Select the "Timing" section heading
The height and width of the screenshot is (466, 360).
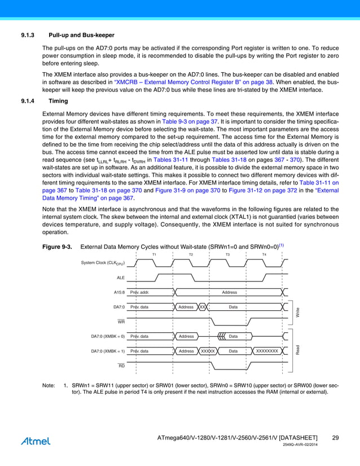click(59, 102)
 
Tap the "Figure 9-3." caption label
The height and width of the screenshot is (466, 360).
click(57, 247)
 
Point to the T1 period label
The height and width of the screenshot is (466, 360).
click(155, 254)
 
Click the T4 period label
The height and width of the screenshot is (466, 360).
click(264, 254)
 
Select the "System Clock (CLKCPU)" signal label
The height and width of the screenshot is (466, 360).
click(103, 263)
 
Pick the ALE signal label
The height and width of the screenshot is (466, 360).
click(120, 278)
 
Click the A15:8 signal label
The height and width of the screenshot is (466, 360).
click(118, 292)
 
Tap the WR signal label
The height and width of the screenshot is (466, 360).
click(121, 322)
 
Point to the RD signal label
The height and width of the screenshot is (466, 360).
click(121, 366)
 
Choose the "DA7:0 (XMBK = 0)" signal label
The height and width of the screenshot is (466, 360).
click(108, 336)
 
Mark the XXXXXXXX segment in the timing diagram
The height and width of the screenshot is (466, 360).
click(267, 351)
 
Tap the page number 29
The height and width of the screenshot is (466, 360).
click(335, 438)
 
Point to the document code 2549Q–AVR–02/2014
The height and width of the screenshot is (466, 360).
click(304, 446)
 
